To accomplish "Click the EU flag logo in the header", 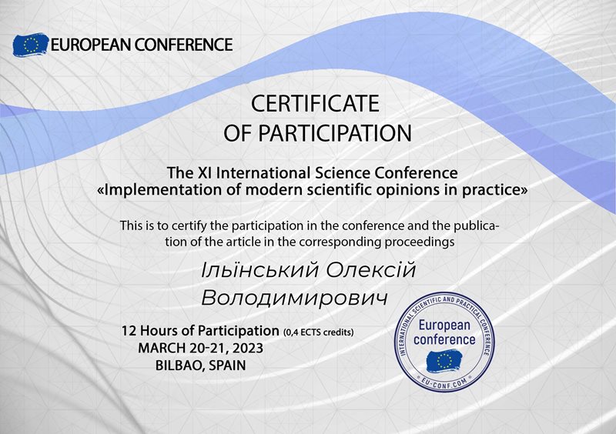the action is click(31, 45).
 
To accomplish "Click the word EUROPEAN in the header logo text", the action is click(91, 45).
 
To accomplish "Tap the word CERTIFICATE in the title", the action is click(315, 104).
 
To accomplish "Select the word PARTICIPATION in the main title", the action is click(335, 133).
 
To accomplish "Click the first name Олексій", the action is click(371, 270).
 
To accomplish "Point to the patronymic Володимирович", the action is click(295, 298).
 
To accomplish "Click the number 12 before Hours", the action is click(129, 331).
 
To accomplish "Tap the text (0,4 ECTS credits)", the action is click(318, 332).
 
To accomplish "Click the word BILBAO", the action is click(180, 366).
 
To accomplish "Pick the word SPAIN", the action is click(227, 366).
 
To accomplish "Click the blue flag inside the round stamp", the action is click(444, 362).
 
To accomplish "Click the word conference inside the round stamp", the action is click(444, 339).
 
